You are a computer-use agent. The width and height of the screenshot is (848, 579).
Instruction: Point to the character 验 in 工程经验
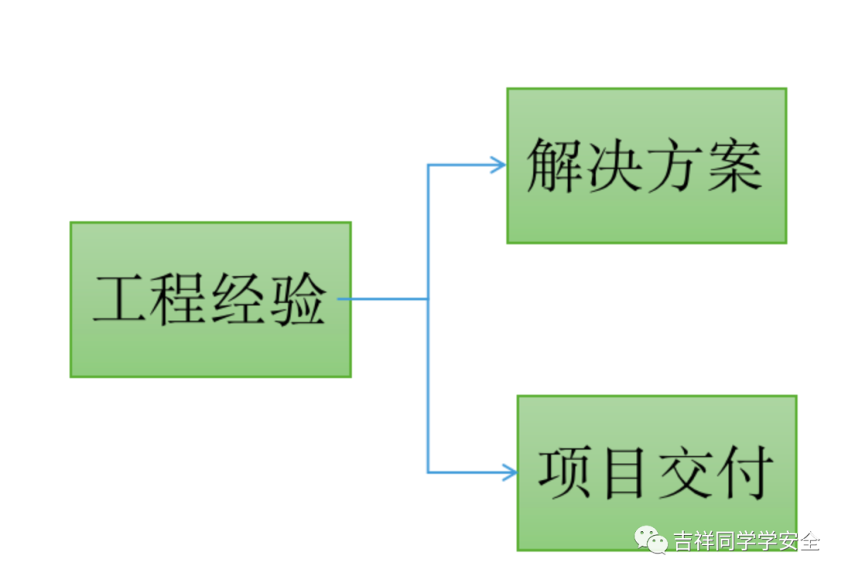click(x=297, y=299)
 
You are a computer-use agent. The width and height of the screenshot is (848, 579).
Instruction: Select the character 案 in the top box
click(x=733, y=166)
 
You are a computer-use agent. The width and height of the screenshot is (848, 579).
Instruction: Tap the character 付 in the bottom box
click(x=744, y=472)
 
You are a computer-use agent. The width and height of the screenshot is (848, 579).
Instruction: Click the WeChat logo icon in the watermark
click(x=651, y=540)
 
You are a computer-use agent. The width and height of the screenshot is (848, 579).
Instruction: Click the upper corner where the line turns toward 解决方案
click(x=428, y=165)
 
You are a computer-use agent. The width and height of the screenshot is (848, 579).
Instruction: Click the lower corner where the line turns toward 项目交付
click(x=428, y=472)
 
